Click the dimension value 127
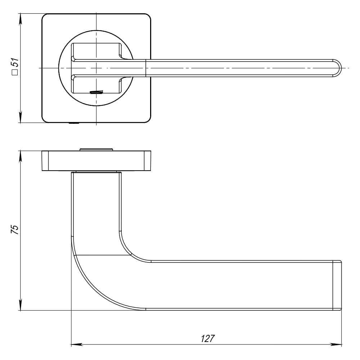tap(208, 338)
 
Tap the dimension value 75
tap(14, 229)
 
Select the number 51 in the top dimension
tap(15, 62)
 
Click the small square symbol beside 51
tap(15, 72)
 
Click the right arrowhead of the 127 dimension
tap(336, 345)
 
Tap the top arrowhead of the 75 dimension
tap(21, 157)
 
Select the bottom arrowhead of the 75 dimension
tap(21, 305)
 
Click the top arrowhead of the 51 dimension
tap(21, 19)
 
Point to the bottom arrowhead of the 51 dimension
tap(21, 117)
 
